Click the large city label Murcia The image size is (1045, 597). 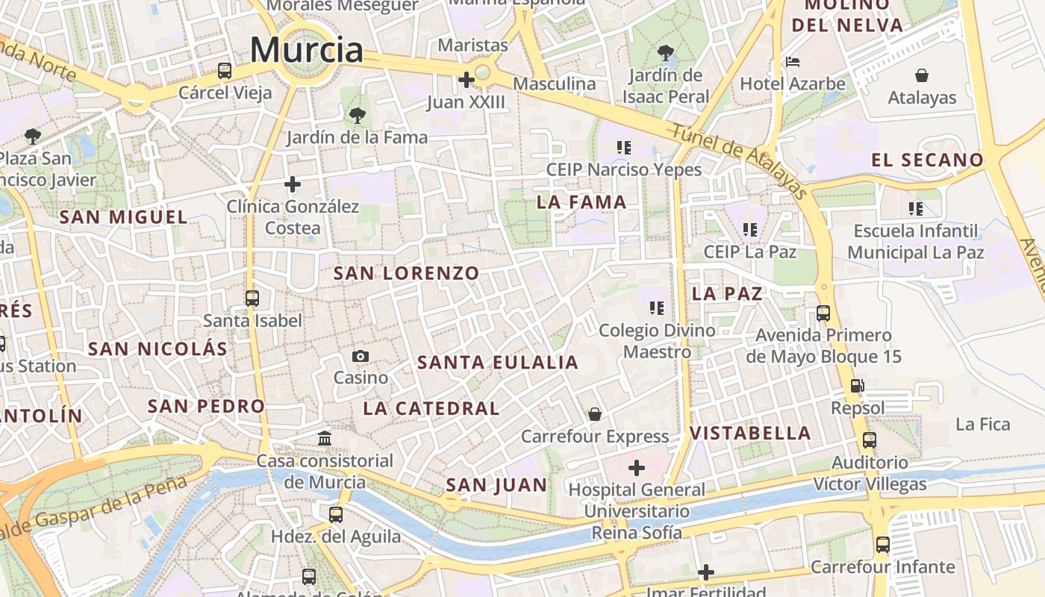306,50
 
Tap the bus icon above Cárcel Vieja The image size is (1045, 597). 225,71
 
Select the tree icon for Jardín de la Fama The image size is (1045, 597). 358,115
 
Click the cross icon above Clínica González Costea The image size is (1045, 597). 293,184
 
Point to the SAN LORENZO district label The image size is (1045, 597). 406,273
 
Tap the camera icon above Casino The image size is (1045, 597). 361,356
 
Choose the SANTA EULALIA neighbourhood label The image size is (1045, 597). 498,363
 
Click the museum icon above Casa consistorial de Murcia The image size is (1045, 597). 325,438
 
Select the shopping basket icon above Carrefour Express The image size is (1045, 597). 595,413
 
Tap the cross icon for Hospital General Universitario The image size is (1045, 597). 636,468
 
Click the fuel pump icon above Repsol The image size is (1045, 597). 858,386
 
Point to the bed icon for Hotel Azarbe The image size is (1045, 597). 792,61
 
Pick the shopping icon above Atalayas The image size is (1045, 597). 922,75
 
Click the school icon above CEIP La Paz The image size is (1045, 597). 750,230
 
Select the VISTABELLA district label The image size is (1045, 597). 750,433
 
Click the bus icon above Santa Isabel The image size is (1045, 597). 252,298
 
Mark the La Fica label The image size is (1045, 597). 983,425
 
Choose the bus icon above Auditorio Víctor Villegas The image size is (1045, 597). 870,440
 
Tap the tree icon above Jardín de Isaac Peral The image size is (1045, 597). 665,53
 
